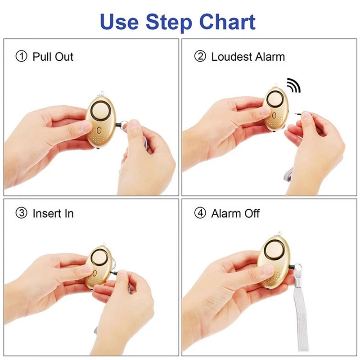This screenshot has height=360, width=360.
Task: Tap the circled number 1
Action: tap(21, 57)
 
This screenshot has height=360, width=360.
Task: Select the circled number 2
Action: tap(200, 57)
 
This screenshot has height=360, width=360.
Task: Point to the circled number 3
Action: tap(21, 213)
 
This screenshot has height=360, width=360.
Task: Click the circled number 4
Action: tap(200, 213)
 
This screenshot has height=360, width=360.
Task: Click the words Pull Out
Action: tap(53, 57)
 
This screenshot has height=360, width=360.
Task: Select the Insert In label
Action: tap(53, 213)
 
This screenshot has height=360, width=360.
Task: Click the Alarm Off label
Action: tap(235, 213)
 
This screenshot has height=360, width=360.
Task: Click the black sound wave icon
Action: tap(294, 85)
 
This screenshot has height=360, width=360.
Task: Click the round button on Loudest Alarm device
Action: tap(275, 102)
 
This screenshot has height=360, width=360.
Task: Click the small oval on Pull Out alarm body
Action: tap(98, 130)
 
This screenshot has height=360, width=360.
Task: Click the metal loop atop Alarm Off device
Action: tap(279, 234)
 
